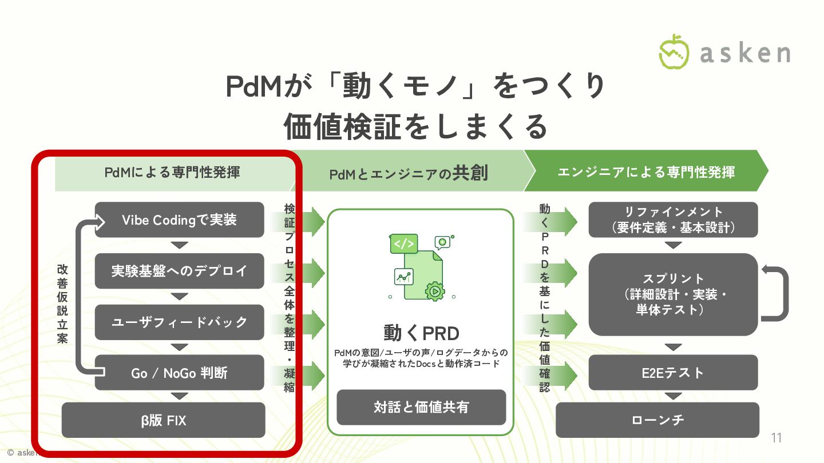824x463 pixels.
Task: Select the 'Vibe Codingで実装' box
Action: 179,220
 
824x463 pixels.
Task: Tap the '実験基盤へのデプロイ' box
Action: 179,271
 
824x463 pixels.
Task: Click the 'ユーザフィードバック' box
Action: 179,322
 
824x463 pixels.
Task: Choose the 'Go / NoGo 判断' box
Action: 179,373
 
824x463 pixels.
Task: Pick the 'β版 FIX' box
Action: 163,421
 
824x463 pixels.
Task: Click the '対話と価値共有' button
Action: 421,407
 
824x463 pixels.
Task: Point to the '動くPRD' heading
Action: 421,333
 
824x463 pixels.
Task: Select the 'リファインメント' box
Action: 673,219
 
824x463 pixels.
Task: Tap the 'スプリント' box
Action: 673,294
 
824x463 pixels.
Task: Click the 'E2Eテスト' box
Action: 673,373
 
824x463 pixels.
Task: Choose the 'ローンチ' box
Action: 657,420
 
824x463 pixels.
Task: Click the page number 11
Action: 777,438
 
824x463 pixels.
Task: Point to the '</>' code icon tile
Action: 403,244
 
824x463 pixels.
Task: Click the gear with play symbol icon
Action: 435,290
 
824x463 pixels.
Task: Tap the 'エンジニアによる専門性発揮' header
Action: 645,171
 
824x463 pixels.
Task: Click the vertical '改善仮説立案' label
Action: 62,304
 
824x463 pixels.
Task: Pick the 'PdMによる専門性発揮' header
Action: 172,171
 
